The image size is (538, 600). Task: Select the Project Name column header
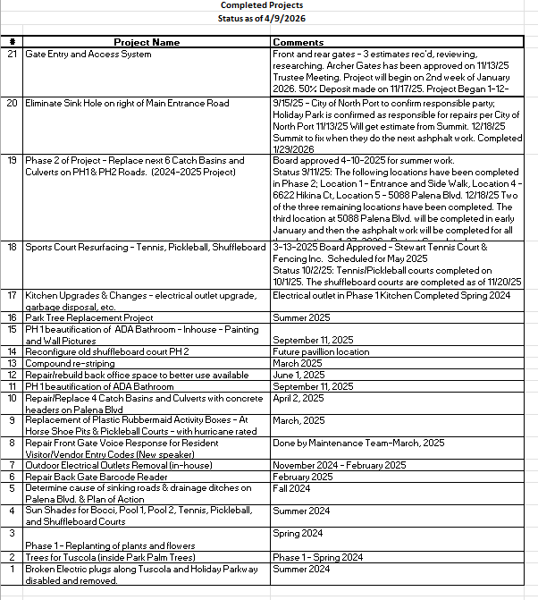tap(147, 42)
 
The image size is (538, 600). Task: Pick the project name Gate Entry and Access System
tap(88, 55)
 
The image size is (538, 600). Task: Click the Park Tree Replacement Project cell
tap(89, 317)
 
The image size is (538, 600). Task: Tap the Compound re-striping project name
tap(68, 363)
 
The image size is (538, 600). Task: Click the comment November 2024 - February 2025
tap(340, 465)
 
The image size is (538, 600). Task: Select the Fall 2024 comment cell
tap(291, 488)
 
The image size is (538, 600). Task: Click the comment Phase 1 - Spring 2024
tap(317, 557)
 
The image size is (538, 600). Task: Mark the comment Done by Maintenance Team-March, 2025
tap(358, 443)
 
